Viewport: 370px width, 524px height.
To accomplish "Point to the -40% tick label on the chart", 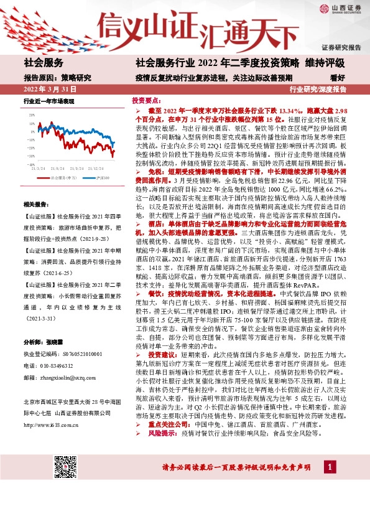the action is coord(29,165).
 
